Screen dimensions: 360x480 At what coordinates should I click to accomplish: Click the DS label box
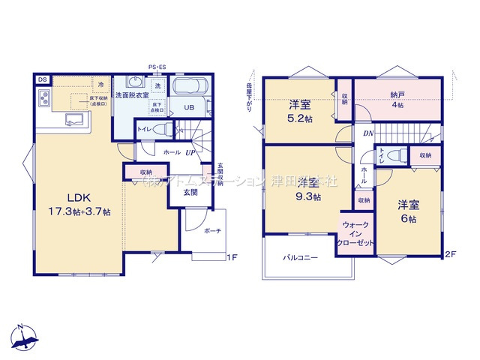41,79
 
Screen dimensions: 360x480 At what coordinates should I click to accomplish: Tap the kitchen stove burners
43,98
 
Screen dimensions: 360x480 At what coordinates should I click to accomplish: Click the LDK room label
79,198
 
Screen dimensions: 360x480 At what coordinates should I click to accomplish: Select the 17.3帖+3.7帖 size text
79,212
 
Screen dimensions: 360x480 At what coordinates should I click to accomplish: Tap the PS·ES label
157,67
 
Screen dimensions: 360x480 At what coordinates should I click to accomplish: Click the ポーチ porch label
211,231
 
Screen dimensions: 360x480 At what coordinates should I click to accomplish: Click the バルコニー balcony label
300,257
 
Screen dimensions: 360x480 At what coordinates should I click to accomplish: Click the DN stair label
367,133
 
